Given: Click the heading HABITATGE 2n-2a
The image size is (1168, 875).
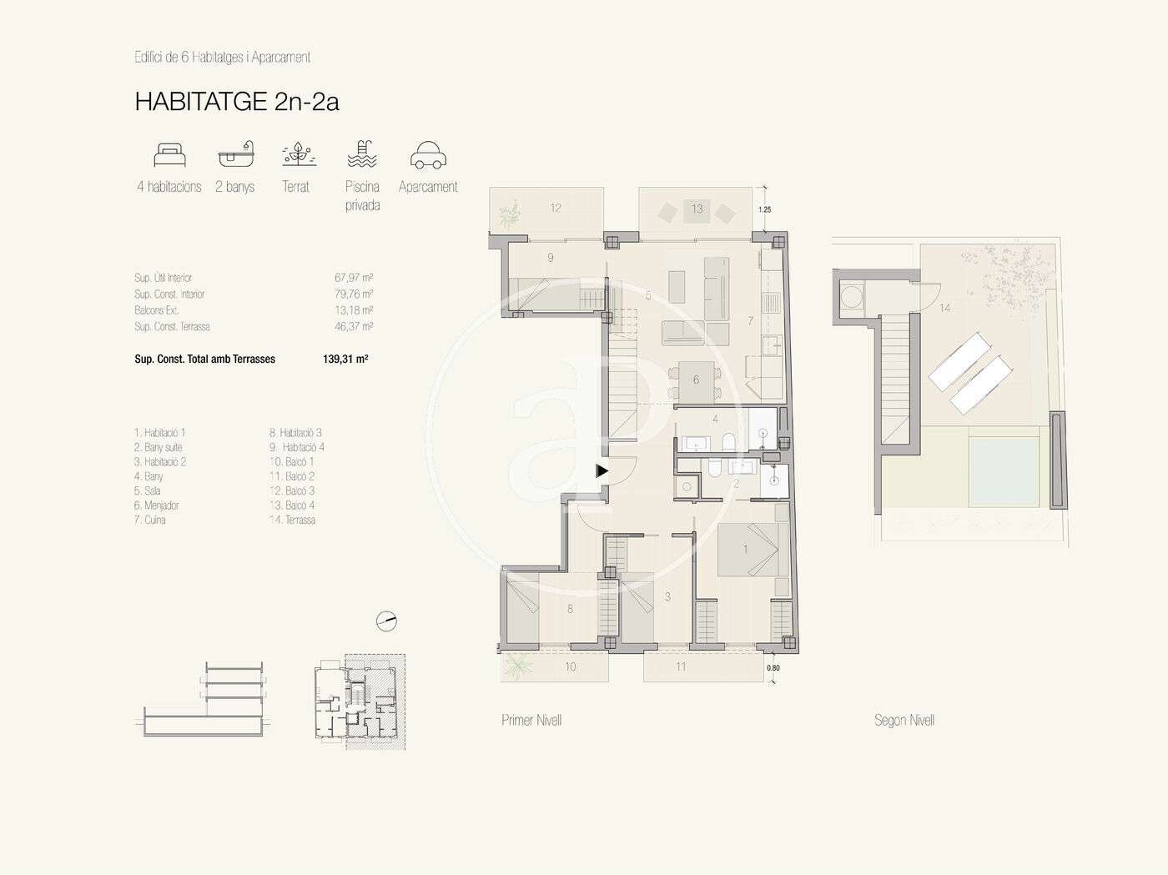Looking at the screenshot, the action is coord(237,102).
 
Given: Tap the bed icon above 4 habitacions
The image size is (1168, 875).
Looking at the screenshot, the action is coord(169,155).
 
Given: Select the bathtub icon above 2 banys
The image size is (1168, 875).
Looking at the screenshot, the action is coord(236,154).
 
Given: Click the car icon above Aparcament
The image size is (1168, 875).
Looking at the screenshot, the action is coord(428,155).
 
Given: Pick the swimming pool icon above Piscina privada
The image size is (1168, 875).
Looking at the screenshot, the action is coord(362,154).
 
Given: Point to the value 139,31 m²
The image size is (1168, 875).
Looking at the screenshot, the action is coord(345,359).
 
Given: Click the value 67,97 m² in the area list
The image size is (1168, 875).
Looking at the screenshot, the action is coord(354,278).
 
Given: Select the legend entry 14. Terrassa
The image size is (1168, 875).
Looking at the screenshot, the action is coord(292,520).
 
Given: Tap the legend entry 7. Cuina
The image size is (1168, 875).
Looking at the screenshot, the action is coord(149,520).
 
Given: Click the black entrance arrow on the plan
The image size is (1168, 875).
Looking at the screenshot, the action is coord(602,470).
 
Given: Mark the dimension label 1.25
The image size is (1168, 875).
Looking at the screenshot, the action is coord(765,209).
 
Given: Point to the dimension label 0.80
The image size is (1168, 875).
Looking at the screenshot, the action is coord(773,667).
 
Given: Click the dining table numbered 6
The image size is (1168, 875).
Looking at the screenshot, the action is coord(696,381).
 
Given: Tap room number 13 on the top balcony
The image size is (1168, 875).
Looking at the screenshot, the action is coord(697,209).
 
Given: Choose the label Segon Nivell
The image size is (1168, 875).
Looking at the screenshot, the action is coord(904,720).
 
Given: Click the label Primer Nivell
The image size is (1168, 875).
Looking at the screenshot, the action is coord(531,720).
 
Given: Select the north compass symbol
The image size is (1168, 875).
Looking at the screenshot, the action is coord(386,621).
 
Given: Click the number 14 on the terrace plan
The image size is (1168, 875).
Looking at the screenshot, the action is coord(945,308).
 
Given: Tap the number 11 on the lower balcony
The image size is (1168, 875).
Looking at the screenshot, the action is coord(681,666).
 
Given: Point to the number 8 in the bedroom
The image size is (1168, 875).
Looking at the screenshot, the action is coord(570,609).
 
